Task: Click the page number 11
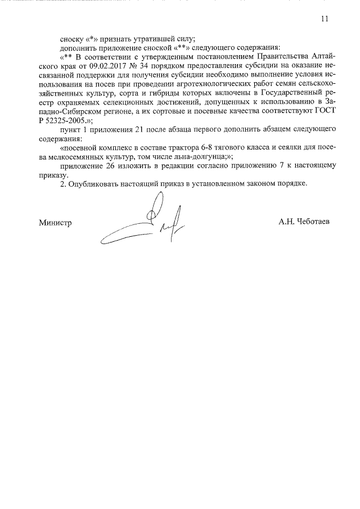(x=324, y=18)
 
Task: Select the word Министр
(x=55, y=222)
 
